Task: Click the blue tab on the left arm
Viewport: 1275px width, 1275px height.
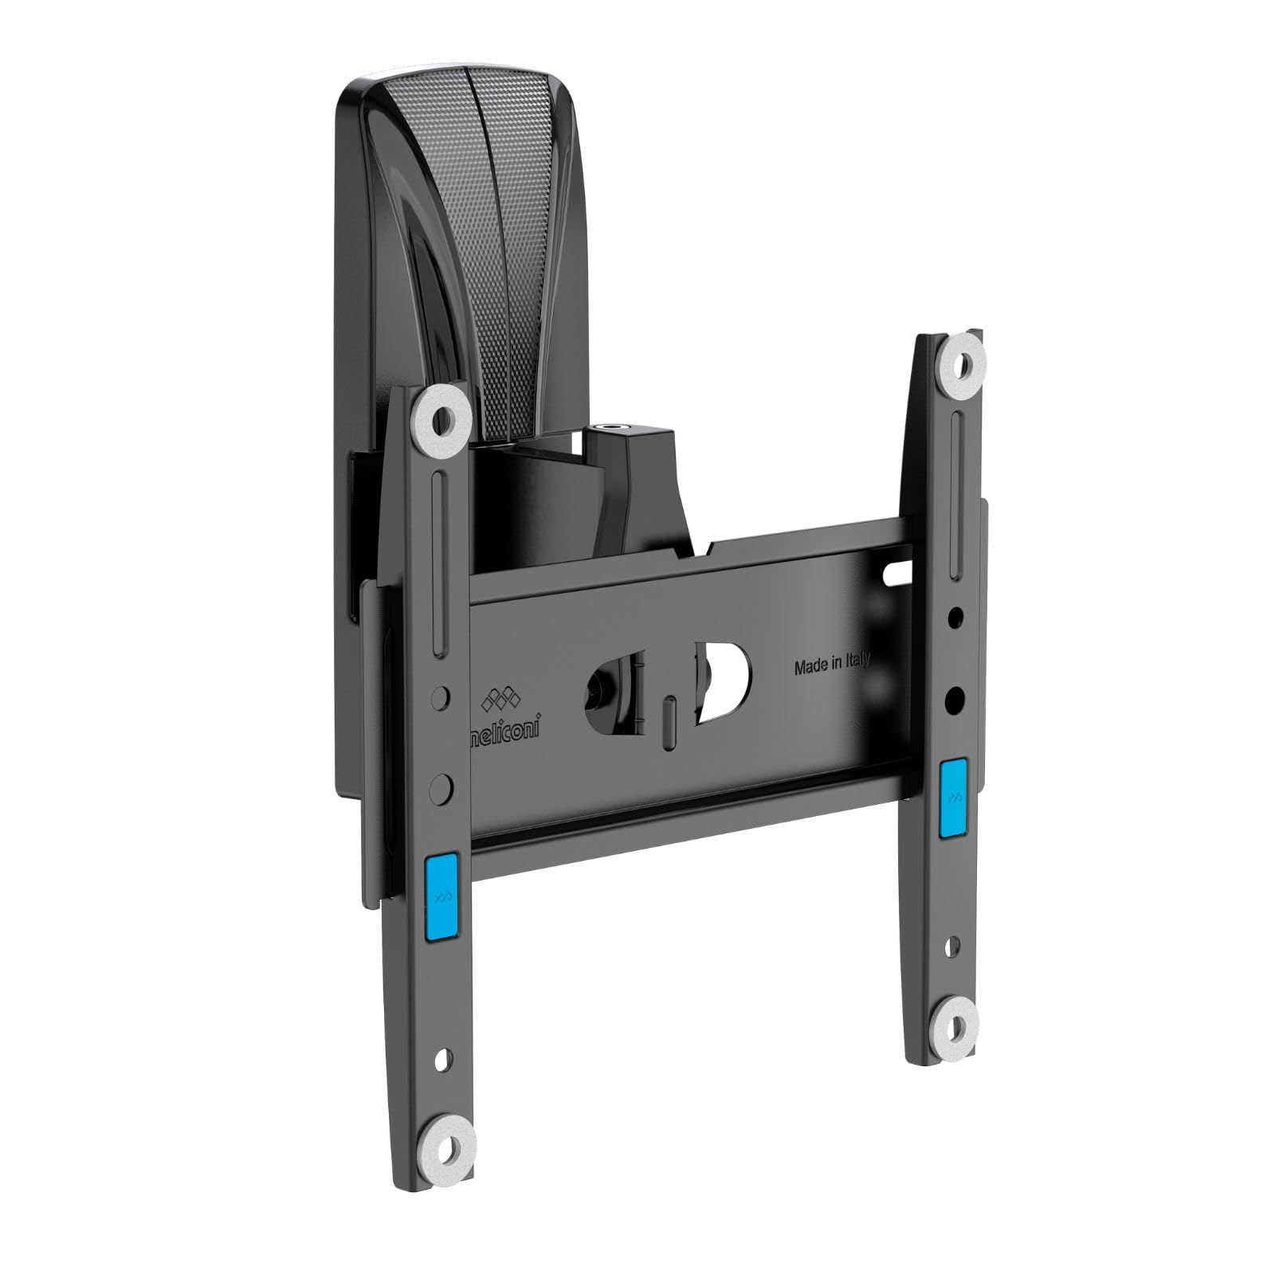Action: pyautogui.click(x=441, y=892)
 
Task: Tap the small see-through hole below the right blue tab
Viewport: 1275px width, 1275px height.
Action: pyautogui.click(x=951, y=948)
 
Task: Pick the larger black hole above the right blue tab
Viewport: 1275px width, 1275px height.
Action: pyautogui.click(x=951, y=701)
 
